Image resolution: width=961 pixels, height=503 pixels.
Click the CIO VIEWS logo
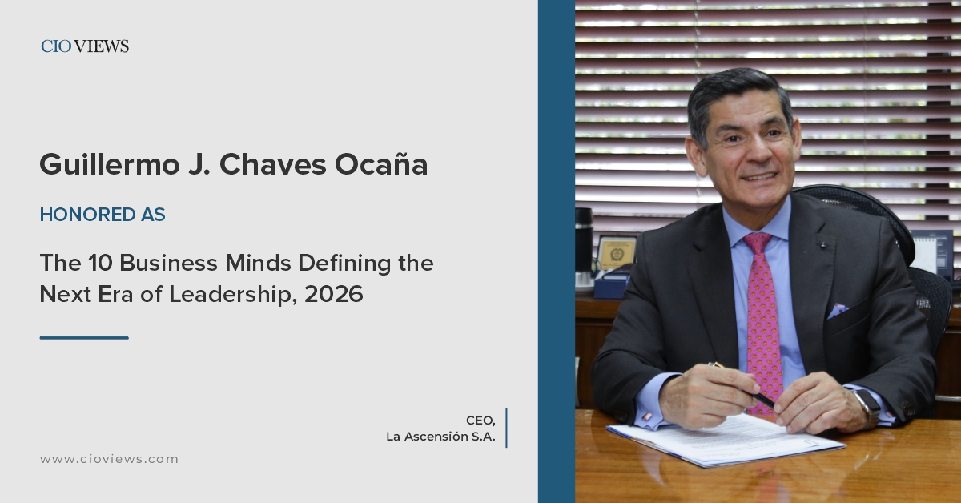tap(85, 46)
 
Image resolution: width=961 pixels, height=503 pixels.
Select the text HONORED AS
tap(103, 215)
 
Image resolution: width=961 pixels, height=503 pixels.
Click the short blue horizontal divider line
tap(84, 337)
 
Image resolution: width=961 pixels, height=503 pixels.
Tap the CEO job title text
tap(480, 421)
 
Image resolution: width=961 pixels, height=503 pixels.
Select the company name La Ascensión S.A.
tap(440, 437)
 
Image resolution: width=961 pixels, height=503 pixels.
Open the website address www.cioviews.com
tap(109, 459)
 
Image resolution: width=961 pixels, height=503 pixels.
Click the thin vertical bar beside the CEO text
tap(506, 428)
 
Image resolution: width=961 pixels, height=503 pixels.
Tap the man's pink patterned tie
tap(762, 320)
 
